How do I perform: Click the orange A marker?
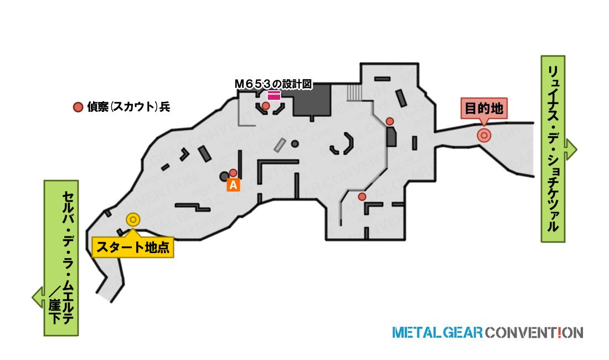[233, 185]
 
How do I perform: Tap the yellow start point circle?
[133, 220]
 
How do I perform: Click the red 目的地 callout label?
[484, 108]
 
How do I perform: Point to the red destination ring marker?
[484, 136]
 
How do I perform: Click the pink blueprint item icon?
[274, 95]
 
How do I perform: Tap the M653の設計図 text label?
[273, 84]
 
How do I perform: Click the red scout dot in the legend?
[78, 107]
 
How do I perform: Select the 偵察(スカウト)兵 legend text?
[128, 107]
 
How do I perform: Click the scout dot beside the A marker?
[233, 173]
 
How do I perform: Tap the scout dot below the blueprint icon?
[266, 106]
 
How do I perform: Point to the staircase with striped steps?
[354, 92]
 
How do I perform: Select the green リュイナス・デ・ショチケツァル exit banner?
[553, 149]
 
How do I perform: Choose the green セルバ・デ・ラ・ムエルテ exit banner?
[61, 258]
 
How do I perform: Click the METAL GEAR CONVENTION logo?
[488, 333]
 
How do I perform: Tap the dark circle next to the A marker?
[224, 177]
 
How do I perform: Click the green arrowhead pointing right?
[571, 150]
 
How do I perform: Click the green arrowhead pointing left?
[38, 297]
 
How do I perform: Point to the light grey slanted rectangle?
[280, 145]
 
